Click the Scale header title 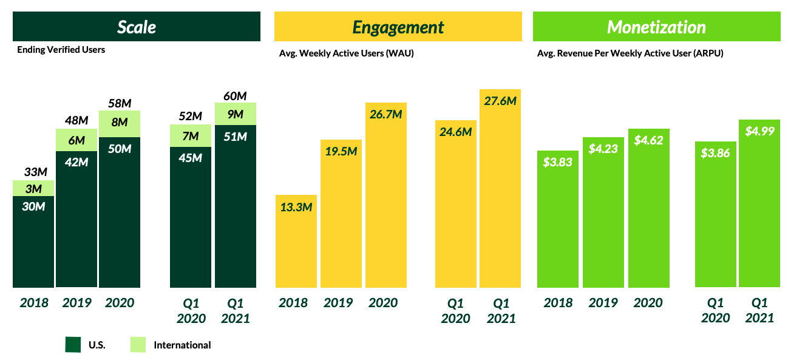137,27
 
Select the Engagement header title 398,27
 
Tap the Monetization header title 656,27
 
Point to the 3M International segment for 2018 33,188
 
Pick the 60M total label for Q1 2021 235,96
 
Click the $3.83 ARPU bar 558,219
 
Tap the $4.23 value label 603,148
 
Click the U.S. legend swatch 73,345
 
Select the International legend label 182,345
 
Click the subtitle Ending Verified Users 61,50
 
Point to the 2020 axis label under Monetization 648,303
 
